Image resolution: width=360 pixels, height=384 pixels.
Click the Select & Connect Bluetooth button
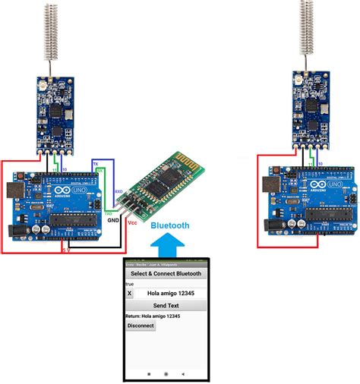tap(166, 273)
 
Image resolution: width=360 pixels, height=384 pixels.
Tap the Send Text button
tap(166, 305)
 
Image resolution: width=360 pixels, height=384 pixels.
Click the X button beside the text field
tap(130, 292)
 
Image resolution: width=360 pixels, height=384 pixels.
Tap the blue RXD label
tap(118, 193)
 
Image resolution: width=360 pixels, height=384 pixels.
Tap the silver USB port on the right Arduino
tap(270, 184)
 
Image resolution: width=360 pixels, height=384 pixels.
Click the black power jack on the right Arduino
tap(271, 225)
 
